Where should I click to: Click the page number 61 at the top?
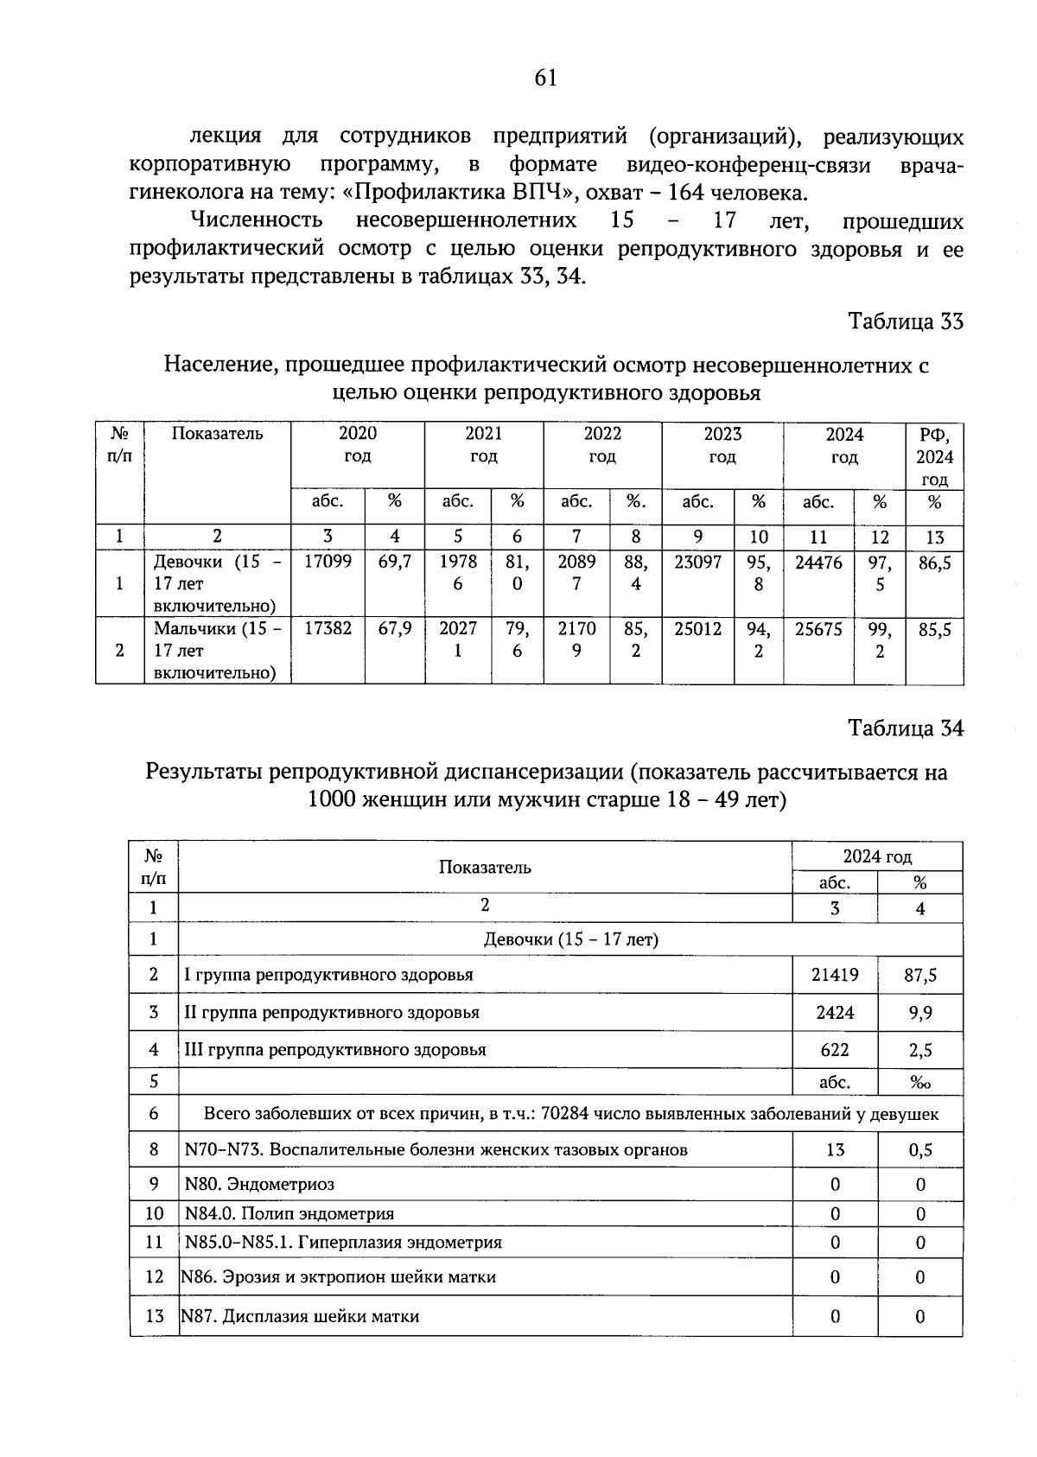(x=545, y=79)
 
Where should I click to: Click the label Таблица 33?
(x=905, y=321)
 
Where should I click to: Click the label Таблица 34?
(x=905, y=728)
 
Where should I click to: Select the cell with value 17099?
(x=328, y=562)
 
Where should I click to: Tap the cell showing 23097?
(x=697, y=562)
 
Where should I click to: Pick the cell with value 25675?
(x=818, y=629)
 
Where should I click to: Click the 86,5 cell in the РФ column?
(x=934, y=563)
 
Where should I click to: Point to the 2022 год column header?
(x=601, y=445)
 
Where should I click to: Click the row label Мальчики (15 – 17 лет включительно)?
(x=217, y=650)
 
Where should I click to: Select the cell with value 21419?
(x=835, y=975)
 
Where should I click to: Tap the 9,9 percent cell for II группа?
(x=919, y=1013)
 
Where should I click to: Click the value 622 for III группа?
(x=835, y=1050)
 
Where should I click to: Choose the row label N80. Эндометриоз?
(x=259, y=1184)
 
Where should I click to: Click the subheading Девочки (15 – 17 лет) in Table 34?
(x=570, y=939)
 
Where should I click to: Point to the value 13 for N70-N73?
(x=835, y=1150)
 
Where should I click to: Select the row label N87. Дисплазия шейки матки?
(x=300, y=1316)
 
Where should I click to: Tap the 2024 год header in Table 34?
(x=877, y=856)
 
